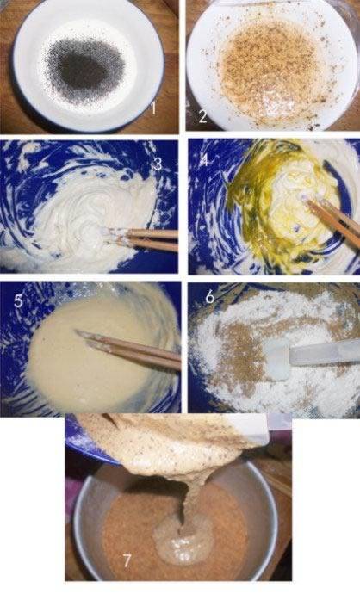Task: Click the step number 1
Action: click(153, 108)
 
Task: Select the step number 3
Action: click(158, 164)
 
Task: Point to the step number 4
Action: click(204, 161)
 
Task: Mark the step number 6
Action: click(210, 297)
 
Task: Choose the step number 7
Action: click(127, 560)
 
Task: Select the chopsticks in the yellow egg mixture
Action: click(331, 220)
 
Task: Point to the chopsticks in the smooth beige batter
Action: click(129, 350)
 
